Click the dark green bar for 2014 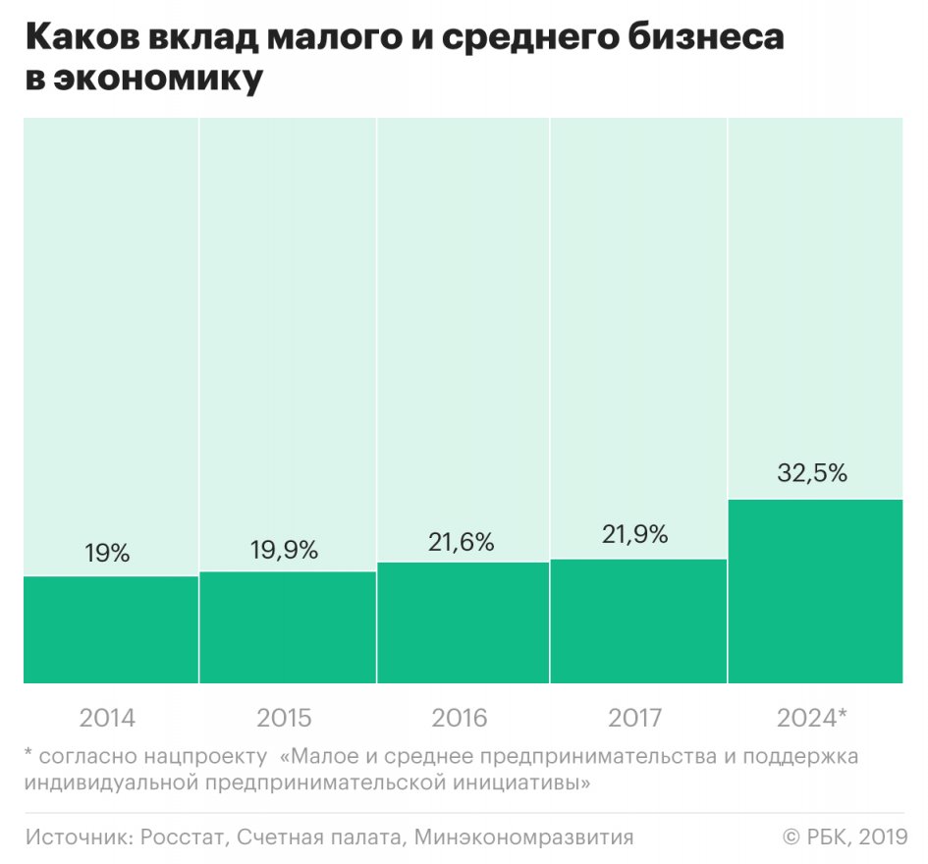(x=111, y=629)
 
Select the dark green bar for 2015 (x=288, y=627)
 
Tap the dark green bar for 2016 (x=463, y=622)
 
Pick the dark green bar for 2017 (x=638, y=621)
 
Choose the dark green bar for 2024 (x=815, y=591)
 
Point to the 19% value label (x=107, y=553)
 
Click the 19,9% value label (x=284, y=550)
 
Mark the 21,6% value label (x=461, y=541)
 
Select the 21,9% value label (x=635, y=535)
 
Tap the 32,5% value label (x=812, y=472)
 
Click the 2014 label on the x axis (x=108, y=718)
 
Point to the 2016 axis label (x=459, y=718)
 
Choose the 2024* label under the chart (x=811, y=718)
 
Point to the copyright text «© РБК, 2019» (x=842, y=837)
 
